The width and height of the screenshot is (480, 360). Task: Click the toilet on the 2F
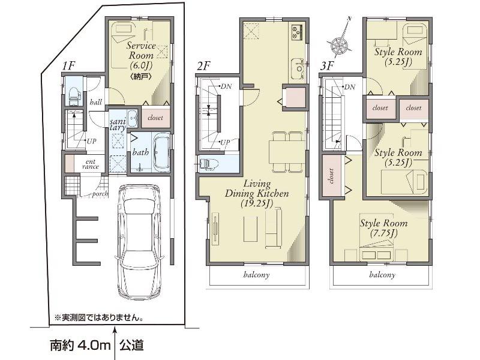pyautogui.click(x=207, y=163)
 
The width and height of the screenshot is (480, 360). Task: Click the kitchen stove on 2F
pyautogui.click(x=296, y=31)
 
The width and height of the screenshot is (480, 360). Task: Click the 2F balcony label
pyautogui.click(x=256, y=275)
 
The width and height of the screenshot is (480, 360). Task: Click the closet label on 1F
pyautogui.click(x=155, y=118)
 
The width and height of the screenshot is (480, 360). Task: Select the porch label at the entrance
pyautogui.click(x=100, y=193)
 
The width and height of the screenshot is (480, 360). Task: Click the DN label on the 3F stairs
pyautogui.click(x=347, y=88)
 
